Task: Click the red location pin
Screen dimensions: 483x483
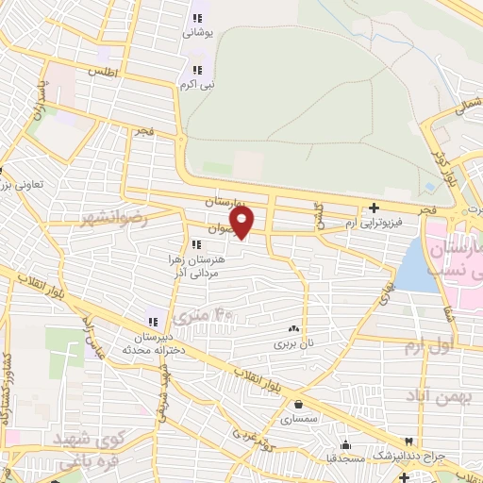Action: (242, 223)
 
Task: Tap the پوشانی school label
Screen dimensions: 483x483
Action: (198, 32)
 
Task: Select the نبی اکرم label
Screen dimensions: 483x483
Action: (197, 83)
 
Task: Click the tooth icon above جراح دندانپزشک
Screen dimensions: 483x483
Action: (408, 441)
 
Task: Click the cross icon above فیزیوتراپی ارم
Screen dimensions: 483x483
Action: (375, 208)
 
